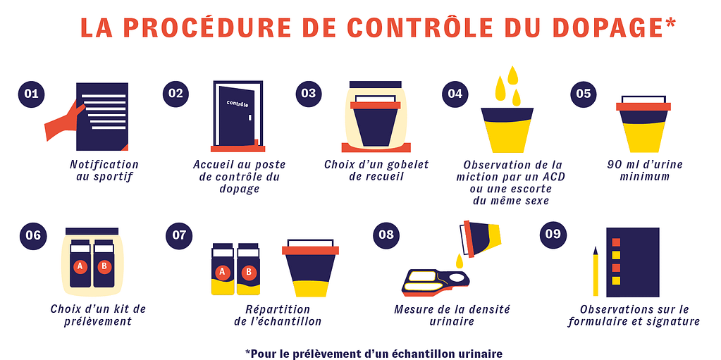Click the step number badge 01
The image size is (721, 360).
pyautogui.click(x=31, y=94)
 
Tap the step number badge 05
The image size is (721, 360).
pyautogui.click(x=584, y=94)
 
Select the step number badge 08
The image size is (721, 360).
pyautogui.click(x=386, y=235)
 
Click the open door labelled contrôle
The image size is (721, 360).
pyautogui.click(x=238, y=116)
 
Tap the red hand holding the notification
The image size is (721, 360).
pyautogui.click(x=64, y=123)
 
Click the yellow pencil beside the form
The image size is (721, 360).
pyautogui.click(x=596, y=271)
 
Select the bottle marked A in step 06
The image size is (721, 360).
pyautogui.click(x=80, y=263)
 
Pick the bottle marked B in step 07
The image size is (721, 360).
pyautogui.click(x=249, y=269)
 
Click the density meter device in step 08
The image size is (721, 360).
pyautogui.click(x=436, y=283)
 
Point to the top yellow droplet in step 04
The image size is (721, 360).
pyautogui.click(x=512, y=75)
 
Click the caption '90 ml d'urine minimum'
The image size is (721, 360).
pyautogui.click(x=644, y=170)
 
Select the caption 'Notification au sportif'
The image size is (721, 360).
pyautogui.click(x=104, y=170)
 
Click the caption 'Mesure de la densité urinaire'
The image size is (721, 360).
pyautogui.click(x=452, y=315)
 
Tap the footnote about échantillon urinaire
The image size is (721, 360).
pyautogui.click(x=374, y=353)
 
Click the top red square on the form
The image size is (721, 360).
pyautogui.click(x=616, y=242)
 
